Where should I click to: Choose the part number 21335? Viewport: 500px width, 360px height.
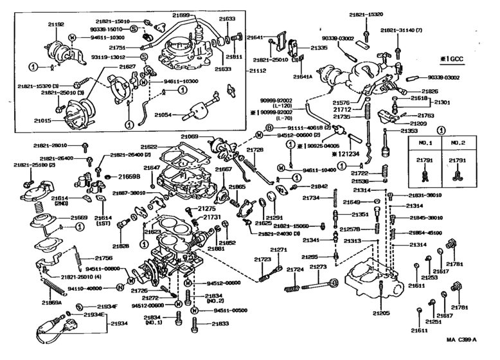(x=320, y=48)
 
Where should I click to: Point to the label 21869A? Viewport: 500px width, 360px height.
(x=52, y=301)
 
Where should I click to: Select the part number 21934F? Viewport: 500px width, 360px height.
(x=107, y=307)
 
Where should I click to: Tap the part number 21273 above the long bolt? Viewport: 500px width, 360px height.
(x=318, y=266)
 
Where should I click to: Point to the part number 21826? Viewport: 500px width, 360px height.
(x=430, y=91)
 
